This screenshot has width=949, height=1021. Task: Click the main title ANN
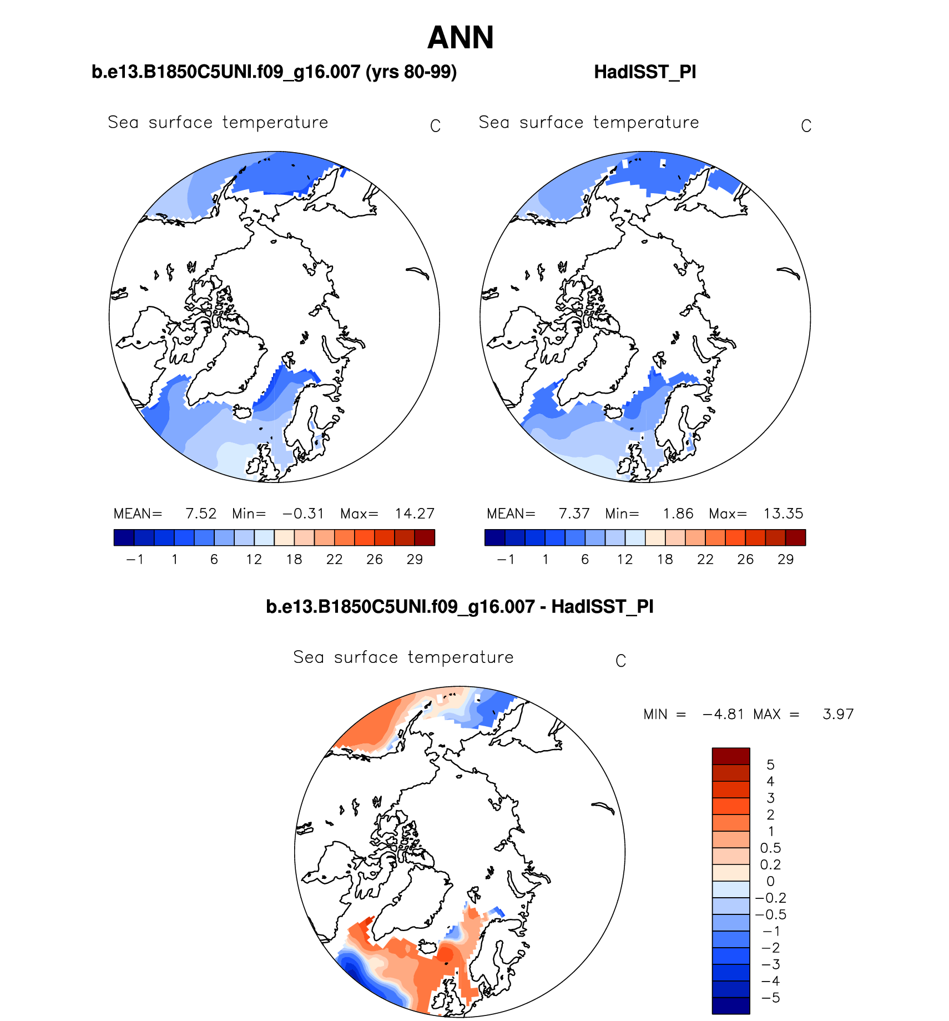pyautogui.click(x=460, y=38)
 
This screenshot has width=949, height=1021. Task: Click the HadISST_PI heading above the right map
pyautogui.click(x=645, y=72)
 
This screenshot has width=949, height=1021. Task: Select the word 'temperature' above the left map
pyautogui.click(x=275, y=122)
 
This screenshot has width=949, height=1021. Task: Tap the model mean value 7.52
pyautogui.click(x=201, y=514)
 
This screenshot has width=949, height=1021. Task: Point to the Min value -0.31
pyautogui.click(x=303, y=514)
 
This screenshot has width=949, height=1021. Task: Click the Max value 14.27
pyautogui.click(x=415, y=514)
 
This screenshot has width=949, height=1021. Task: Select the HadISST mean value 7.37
pyautogui.click(x=574, y=514)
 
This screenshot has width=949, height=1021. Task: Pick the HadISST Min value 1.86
pyautogui.click(x=678, y=514)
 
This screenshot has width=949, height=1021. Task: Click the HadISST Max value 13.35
pyautogui.click(x=783, y=514)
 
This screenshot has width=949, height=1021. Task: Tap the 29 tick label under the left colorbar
pyautogui.click(x=415, y=559)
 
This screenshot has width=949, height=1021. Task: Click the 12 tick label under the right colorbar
pyautogui.click(x=625, y=559)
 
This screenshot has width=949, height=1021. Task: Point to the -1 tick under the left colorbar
pyautogui.click(x=135, y=559)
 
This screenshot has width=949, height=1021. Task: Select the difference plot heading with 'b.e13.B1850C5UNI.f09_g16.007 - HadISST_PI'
pyautogui.click(x=460, y=607)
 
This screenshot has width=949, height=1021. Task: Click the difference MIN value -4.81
pyautogui.click(x=723, y=714)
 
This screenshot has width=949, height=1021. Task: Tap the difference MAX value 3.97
pyautogui.click(x=838, y=714)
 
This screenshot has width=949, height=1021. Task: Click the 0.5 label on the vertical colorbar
pyautogui.click(x=770, y=848)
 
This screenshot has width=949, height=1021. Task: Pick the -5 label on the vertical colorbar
pyautogui.click(x=770, y=998)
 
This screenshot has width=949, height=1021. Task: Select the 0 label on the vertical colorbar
pyautogui.click(x=770, y=881)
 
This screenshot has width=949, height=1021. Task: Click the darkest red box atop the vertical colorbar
pyautogui.click(x=731, y=756)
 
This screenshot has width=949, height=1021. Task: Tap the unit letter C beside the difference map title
pyautogui.click(x=620, y=661)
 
